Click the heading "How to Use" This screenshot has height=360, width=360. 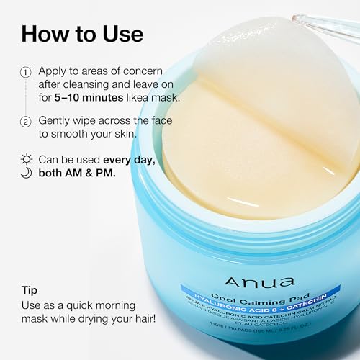(x=82, y=33)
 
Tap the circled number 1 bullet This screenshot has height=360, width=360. (x=26, y=72)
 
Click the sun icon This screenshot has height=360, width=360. (x=26, y=159)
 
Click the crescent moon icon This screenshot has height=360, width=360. (x=26, y=174)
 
